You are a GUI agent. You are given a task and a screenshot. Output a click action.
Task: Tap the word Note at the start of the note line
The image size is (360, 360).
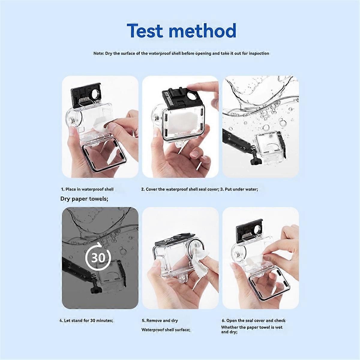[98, 53]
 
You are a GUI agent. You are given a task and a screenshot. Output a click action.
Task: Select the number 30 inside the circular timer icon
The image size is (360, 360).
[98, 257]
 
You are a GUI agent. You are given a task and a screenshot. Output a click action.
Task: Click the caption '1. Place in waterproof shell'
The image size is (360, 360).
[87, 189]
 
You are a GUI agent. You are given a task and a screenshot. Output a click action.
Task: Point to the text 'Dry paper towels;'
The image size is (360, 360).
[84, 199]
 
